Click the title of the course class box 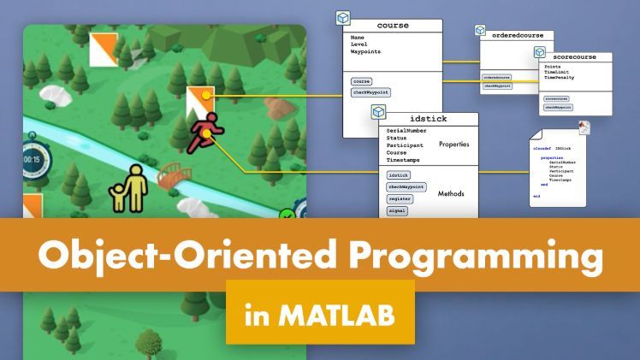(x=393, y=26)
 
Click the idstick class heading (x=428, y=119)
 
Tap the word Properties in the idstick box (x=453, y=145)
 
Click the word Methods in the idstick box (x=451, y=193)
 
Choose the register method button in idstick (x=400, y=198)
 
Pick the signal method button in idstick (x=397, y=210)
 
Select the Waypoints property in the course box (x=366, y=52)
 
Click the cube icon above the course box (x=341, y=17)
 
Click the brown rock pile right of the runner (x=276, y=109)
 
